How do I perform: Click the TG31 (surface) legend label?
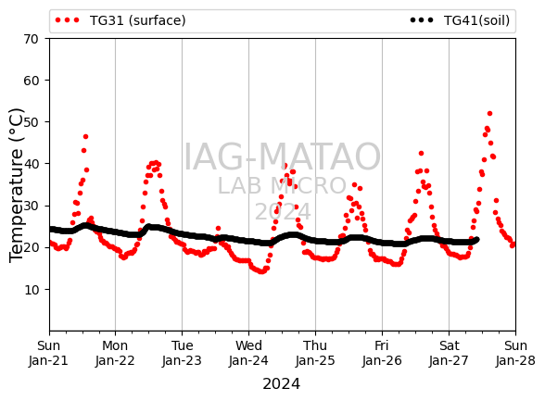(137, 20)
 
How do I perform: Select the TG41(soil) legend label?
(476, 20)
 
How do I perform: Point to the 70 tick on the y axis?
(31, 39)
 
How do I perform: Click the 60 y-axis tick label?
(31, 81)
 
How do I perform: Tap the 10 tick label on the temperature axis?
(31, 290)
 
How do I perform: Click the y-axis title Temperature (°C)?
(17, 185)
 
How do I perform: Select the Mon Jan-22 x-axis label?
(115, 353)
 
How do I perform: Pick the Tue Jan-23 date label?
(182, 353)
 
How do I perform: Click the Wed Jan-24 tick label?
(248, 353)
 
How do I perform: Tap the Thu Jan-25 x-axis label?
(315, 353)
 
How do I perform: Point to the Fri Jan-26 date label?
(382, 353)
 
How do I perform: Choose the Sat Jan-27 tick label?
(449, 353)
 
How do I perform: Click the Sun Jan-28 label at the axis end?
(515, 353)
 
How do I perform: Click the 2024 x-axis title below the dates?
(281, 384)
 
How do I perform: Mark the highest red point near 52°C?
(489, 114)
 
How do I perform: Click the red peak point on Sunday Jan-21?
(85, 136)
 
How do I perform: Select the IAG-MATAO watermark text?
(282, 157)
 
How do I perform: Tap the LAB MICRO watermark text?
(282, 186)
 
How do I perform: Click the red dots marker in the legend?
(67, 20)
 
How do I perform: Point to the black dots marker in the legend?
(422, 20)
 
